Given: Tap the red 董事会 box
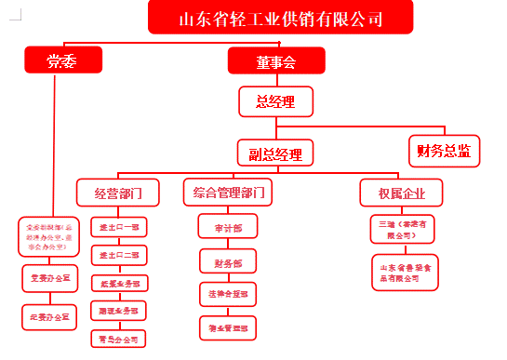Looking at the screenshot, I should (x=276, y=61).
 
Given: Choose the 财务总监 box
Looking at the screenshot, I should (x=444, y=150).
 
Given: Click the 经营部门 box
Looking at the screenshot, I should (x=118, y=194).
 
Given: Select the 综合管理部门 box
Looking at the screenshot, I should (x=228, y=193).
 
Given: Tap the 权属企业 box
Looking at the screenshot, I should (x=401, y=193).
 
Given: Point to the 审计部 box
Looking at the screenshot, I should (x=228, y=227).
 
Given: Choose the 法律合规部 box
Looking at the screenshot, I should (x=228, y=295).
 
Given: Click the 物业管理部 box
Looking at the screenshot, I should (x=228, y=327).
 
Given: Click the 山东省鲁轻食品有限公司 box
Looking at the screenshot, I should (x=406, y=272).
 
